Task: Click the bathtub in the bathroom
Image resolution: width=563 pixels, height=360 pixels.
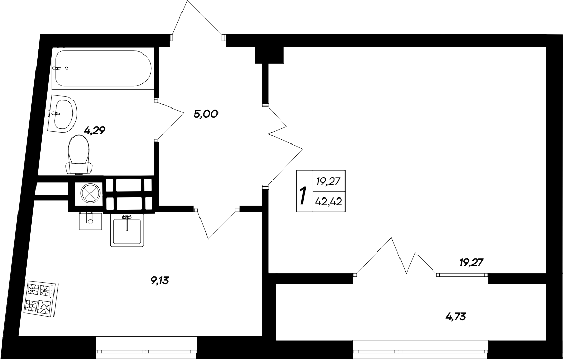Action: [x=102, y=68]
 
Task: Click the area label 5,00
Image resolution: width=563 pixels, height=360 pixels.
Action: [x=206, y=114]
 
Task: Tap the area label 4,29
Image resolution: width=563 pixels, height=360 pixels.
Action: [x=95, y=131]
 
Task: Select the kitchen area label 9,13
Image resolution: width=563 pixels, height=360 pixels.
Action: [x=160, y=280]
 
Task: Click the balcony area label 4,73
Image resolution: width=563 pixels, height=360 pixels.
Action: [x=455, y=315]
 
